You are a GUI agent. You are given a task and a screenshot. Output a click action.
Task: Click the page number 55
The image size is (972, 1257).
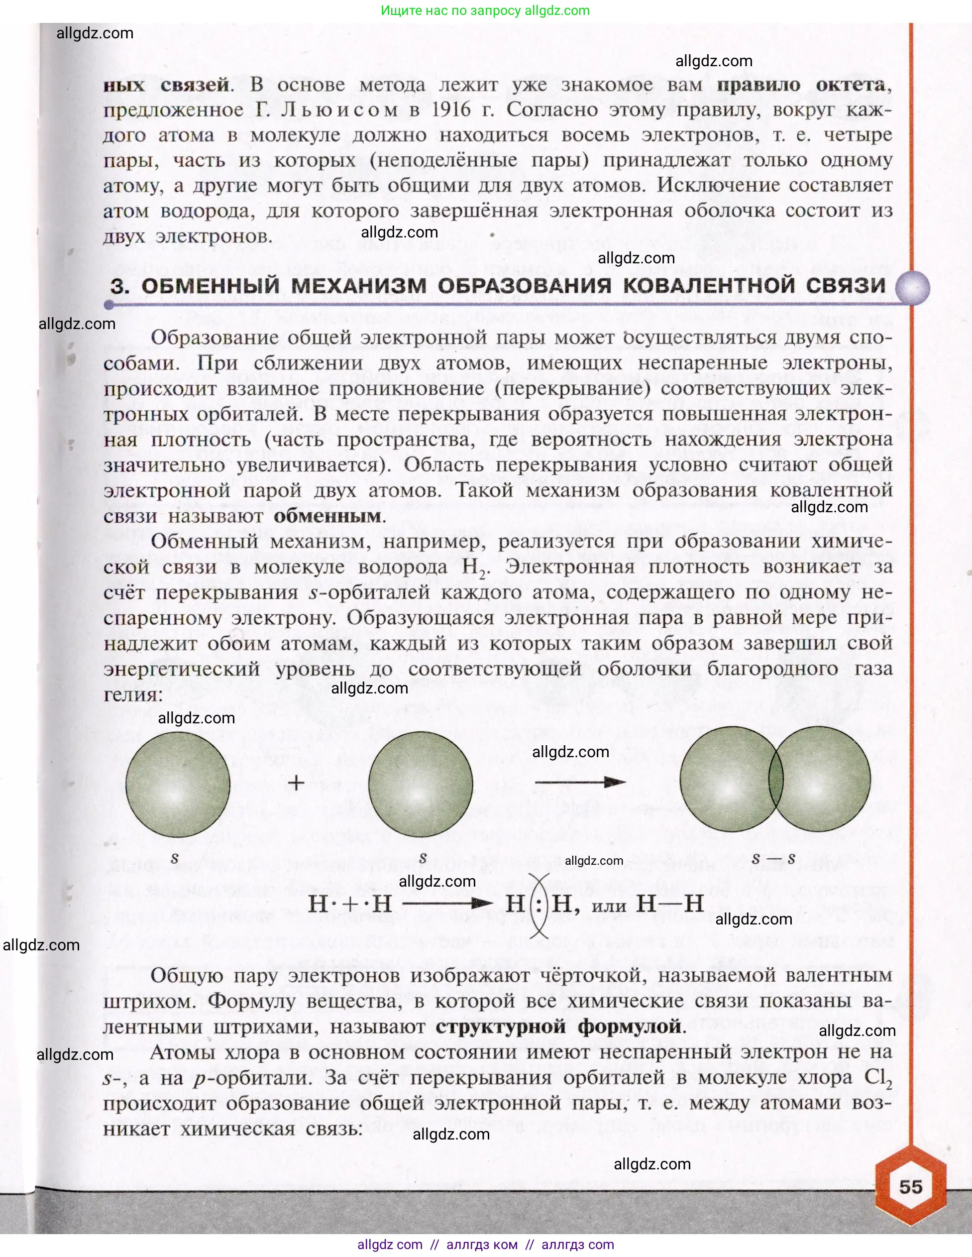pos(910,1187)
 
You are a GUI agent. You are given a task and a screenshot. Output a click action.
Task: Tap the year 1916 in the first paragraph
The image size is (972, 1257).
pos(454,110)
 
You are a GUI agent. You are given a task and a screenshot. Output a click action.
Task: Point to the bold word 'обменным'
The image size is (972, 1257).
pos(327,516)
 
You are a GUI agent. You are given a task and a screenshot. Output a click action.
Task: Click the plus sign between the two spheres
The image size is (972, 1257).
pos(296,783)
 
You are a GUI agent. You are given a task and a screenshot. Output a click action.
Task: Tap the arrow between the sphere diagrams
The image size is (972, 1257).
pos(580,782)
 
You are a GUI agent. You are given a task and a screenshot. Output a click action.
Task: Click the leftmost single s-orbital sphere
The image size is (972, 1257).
pos(177,784)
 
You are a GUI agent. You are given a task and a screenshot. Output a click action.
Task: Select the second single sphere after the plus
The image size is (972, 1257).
pos(420,784)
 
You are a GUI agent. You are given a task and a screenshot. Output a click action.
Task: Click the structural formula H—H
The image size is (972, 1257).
pos(670,903)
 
